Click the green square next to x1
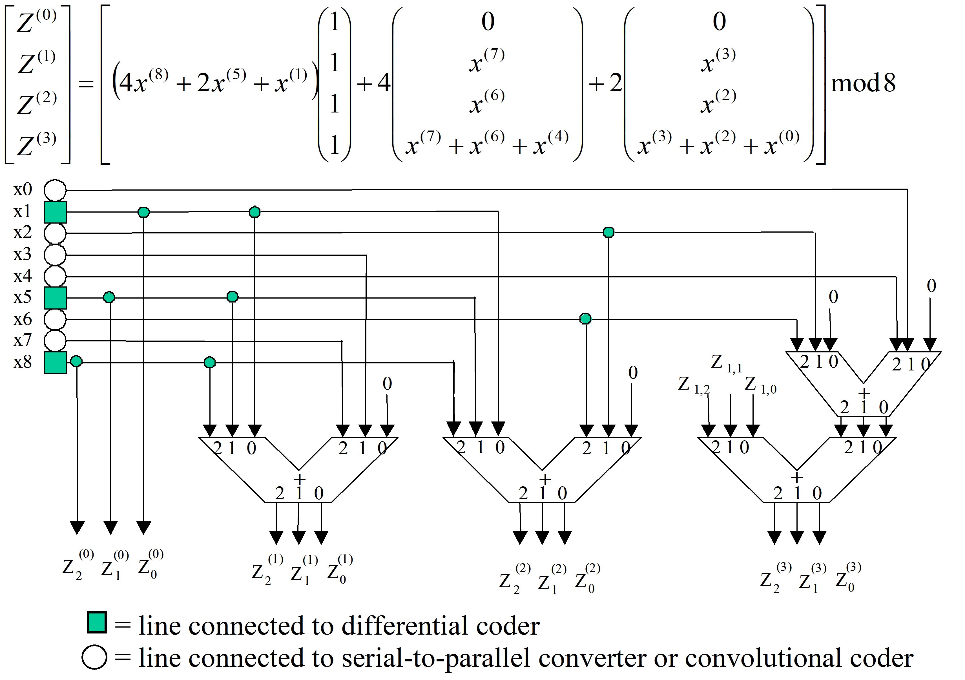click(x=56, y=212)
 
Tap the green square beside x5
click(x=56, y=298)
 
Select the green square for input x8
click(x=56, y=363)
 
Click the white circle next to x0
click(x=55, y=190)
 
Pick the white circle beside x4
click(x=55, y=276)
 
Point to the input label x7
click(x=23, y=340)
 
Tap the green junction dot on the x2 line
click(x=608, y=232)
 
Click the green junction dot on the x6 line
click(x=585, y=319)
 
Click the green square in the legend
click(x=97, y=623)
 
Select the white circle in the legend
click(x=95, y=657)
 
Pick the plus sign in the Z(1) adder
click(x=299, y=478)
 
